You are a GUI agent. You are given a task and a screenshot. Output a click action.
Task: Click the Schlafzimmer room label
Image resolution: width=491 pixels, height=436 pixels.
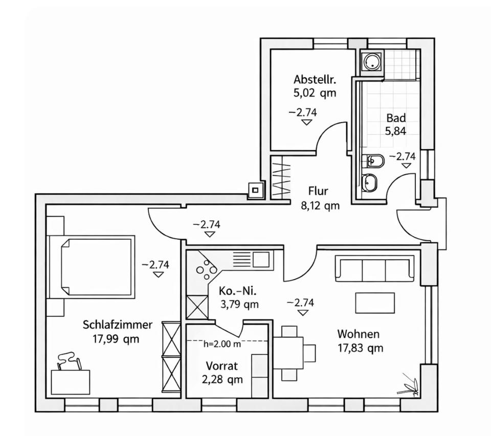(117, 325)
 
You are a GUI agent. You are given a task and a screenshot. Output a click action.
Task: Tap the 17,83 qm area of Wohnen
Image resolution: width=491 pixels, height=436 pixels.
(360, 349)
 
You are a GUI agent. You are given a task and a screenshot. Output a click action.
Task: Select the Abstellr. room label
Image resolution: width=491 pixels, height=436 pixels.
(314, 80)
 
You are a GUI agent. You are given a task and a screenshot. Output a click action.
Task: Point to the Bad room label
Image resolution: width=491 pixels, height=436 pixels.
(396, 117)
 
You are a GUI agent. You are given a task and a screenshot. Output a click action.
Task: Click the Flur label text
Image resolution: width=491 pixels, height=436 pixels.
(318, 191)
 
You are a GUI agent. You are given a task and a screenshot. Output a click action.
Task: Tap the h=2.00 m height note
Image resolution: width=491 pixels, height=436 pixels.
(222, 344)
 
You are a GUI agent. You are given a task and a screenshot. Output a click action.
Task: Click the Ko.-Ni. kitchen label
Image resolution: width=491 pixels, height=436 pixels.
(238, 291)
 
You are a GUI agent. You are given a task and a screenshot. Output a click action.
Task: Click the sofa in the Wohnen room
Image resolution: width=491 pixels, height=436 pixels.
(374, 268)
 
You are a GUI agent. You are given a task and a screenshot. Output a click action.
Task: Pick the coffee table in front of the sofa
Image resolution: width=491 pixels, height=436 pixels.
(375, 303)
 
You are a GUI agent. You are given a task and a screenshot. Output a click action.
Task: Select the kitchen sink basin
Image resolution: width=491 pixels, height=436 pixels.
(260, 259)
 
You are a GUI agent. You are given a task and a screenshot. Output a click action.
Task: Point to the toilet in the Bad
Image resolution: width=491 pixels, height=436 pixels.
(372, 162)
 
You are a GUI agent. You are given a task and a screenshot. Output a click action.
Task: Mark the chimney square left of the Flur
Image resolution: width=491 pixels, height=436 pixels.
(254, 191)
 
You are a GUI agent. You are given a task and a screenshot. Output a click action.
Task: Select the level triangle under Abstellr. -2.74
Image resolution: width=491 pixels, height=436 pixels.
(306, 122)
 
